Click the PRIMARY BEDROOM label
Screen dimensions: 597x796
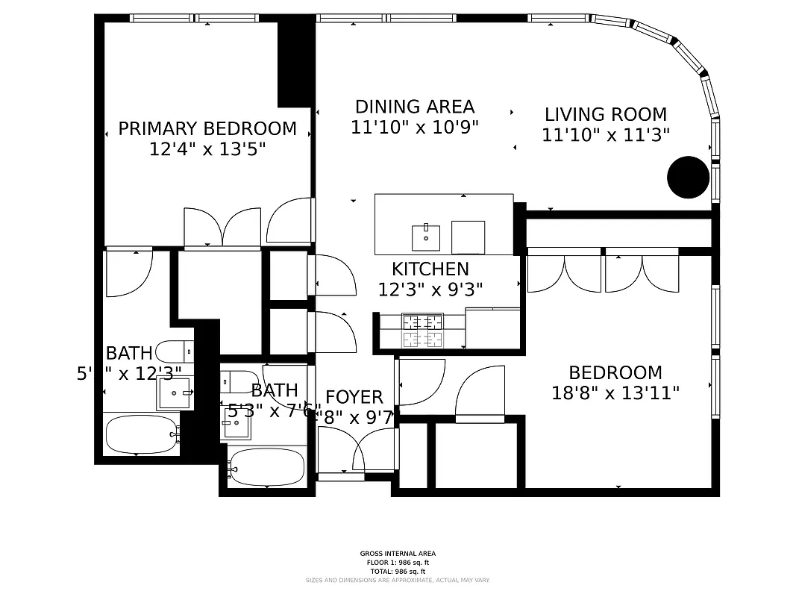point(207,129)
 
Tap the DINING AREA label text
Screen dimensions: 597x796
point(414,107)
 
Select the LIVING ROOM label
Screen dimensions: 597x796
point(605,114)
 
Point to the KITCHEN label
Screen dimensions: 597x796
point(430,269)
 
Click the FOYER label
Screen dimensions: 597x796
point(354,397)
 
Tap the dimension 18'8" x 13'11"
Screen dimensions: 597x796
point(615,393)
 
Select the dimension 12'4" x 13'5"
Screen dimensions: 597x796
point(207,149)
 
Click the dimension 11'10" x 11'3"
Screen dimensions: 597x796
point(605,135)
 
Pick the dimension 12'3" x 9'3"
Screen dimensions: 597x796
point(430,290)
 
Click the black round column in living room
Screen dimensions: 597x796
point(687,177)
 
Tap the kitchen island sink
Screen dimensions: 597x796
point(426,238)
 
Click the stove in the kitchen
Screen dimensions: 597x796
point(422,331)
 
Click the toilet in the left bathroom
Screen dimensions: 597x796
point(176,351)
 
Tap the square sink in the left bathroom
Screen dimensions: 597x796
point(174,393)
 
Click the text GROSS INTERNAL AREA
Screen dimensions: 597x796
point(398,554)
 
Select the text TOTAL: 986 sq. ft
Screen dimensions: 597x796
point(398,572)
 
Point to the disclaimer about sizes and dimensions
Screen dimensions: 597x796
point(398,580)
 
